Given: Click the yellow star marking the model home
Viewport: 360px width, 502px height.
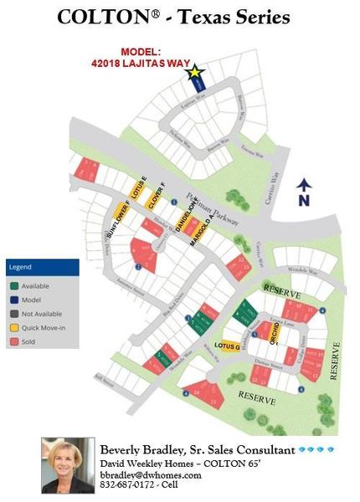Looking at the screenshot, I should pos(195,73).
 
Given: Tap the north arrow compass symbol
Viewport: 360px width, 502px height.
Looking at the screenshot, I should pos(303,192).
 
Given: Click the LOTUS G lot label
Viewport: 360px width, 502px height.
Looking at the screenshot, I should pos(227,346).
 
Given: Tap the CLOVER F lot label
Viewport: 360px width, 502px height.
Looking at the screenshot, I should pos(153,194).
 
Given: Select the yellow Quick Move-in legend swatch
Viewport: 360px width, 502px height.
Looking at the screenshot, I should pos(13,328).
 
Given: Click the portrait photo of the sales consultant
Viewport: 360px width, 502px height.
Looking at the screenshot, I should pos(67,465).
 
